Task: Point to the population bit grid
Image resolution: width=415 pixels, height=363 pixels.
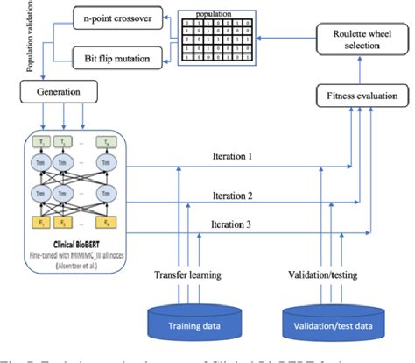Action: tap(215, 40)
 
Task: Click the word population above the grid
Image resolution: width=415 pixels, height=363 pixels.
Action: tap(215, 14)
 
